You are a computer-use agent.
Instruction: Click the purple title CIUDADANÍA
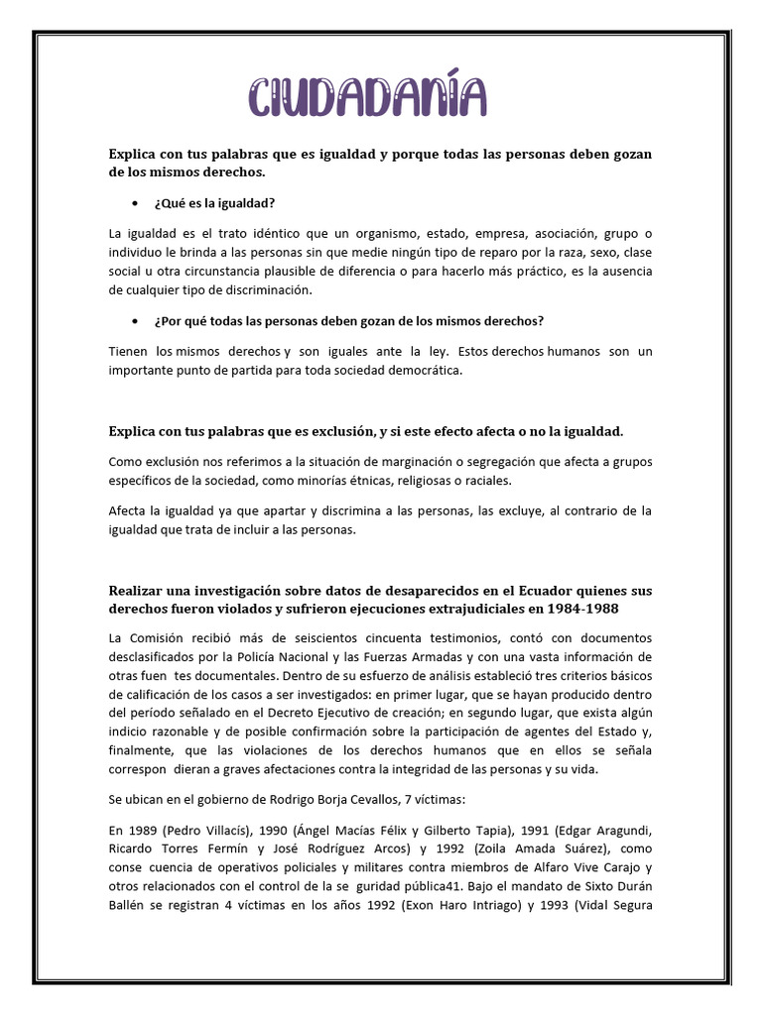pos(368,100)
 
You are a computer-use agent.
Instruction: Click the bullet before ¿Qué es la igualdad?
pos(135,203)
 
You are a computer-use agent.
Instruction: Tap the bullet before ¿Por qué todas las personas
pos(135,321)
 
